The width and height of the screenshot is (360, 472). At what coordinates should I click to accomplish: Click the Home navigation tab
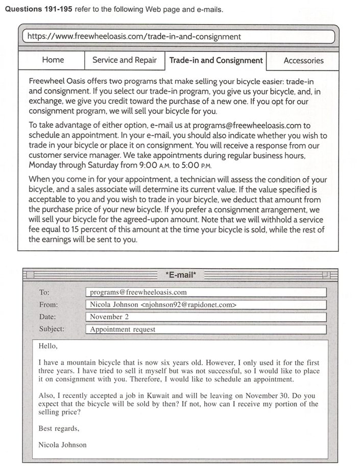tap(53, 60)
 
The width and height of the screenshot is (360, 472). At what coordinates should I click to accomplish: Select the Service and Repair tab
tap(124, 60)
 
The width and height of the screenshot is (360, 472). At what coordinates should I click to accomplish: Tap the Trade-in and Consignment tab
tap(215, 60)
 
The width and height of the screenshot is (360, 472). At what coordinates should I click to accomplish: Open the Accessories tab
tap(303, 60)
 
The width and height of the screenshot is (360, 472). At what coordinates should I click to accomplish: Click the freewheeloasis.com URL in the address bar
tap(134, 37)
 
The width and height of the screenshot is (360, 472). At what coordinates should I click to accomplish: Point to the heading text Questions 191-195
tap(38, 10)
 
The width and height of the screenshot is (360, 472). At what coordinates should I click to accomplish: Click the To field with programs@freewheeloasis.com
tap(206, 292)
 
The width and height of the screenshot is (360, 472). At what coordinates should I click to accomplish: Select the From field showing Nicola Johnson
tap(206, 304)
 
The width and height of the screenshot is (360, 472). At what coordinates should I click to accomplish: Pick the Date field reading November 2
tap(206, 317)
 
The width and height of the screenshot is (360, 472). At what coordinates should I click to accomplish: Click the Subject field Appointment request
tap(206, 329)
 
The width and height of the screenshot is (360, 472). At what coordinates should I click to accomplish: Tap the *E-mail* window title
tap(180, 275)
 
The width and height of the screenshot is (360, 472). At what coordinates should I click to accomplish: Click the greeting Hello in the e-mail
tap(49, 346)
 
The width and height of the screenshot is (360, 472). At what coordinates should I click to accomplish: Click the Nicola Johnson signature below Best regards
tap(62, 444)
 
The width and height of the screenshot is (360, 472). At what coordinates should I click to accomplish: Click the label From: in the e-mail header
tap(49, 305)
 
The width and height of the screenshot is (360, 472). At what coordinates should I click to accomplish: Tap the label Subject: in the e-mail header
tap(52, 329)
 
